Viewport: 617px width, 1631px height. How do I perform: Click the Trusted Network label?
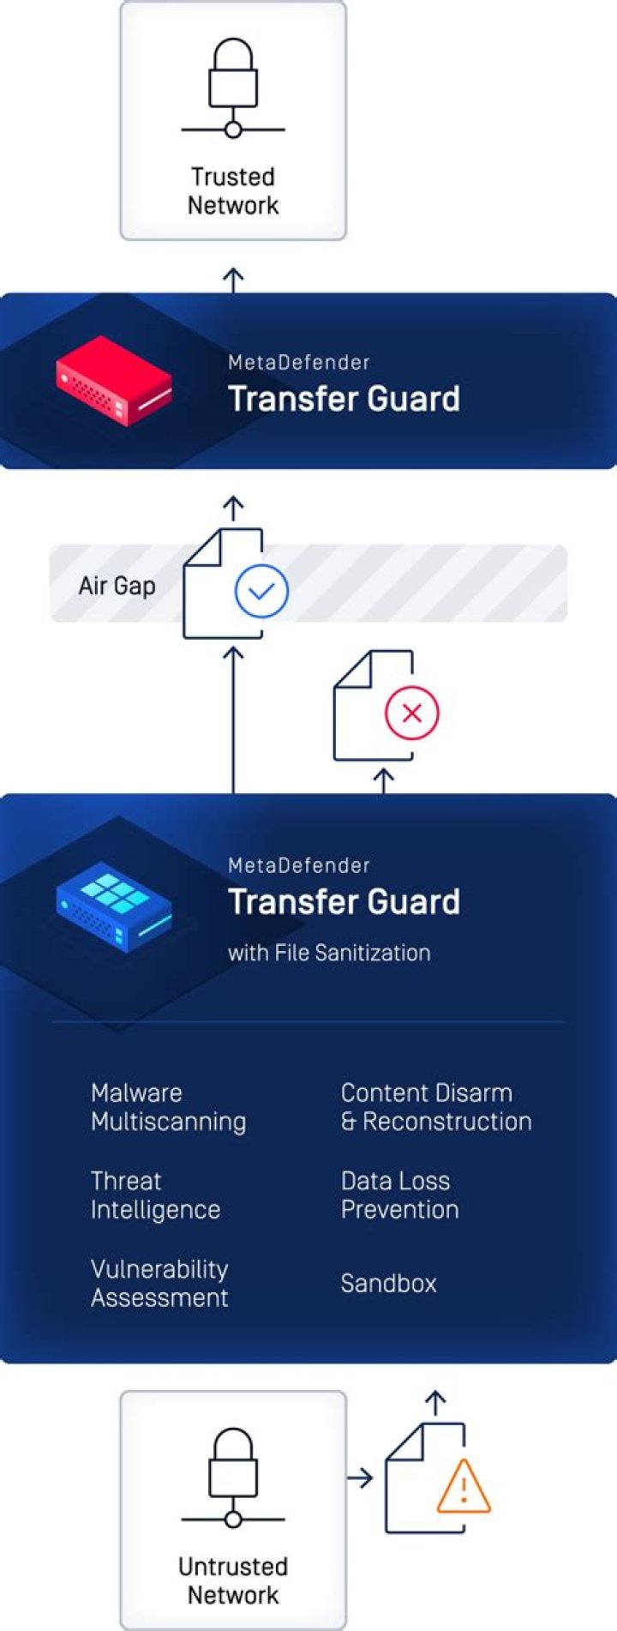click(x=233, y=191)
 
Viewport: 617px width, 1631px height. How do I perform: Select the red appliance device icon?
click(x=114, y=381)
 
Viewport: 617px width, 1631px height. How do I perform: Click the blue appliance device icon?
click(x=114, y=907)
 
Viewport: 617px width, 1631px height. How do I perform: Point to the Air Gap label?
click(x=117, y=586)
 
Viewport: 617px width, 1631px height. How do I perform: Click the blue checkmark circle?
click(x=261, y=591)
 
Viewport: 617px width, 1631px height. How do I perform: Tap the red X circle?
click(x=411, y=713)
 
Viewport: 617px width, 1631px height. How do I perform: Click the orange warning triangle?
click(x=464, y=1485)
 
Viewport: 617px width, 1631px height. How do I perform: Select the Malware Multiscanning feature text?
click(x=169, y=1107)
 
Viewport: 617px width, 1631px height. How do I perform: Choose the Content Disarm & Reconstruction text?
click(x=436, y=1107)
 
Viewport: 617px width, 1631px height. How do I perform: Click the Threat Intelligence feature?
click(x=155, y=1195)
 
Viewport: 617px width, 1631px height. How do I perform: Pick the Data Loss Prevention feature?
click(x=399, y=1195)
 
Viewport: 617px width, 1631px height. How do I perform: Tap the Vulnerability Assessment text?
click(x=159, y=1284)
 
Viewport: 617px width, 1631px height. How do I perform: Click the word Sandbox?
click(x=388, y=1283)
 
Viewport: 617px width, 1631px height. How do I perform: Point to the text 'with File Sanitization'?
click(x=329, y=953)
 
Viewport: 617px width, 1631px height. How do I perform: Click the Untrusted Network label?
click(x=233, y=1580)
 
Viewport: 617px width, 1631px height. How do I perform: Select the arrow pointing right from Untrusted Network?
click(x=361, y=1478)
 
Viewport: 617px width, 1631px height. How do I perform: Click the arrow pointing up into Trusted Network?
click(x=233, y=280)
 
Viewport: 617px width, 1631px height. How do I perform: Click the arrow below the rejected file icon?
click(x=384, y=781)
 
